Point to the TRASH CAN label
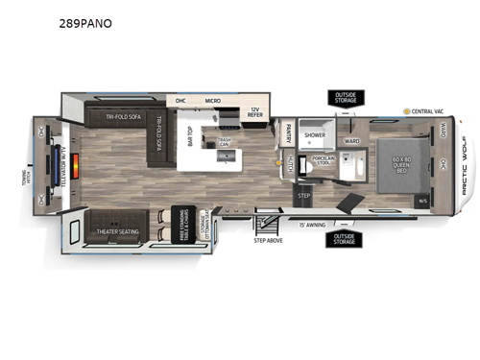(x=224, y=141)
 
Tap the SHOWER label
(x=315, y=135)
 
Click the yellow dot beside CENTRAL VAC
(x=406, y=111)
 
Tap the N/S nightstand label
(x=423, y=202)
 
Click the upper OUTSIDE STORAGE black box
(x=344, y=98)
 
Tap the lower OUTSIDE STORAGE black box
(x=344, y=238)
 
